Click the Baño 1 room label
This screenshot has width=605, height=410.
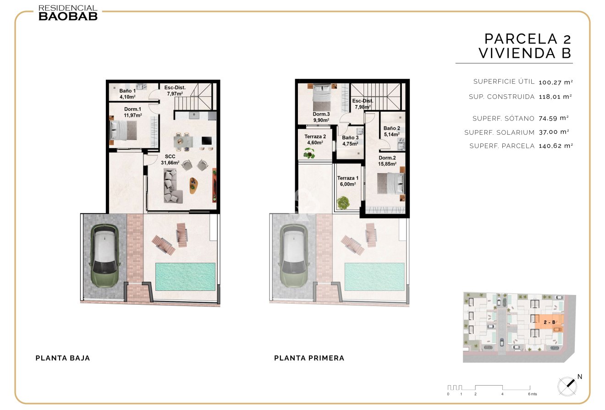127,91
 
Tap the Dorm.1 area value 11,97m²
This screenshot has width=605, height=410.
133,115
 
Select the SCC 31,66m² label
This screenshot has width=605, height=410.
170,159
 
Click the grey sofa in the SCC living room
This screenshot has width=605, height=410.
173,186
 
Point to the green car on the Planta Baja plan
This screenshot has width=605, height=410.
105,256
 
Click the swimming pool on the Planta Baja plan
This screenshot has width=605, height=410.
185,277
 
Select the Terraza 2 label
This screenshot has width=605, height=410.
315,137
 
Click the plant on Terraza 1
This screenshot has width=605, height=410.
343,202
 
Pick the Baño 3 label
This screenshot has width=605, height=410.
350,137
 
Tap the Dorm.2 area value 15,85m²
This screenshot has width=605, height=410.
387,164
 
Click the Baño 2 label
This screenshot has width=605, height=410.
392,128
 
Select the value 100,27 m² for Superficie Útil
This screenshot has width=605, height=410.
556,82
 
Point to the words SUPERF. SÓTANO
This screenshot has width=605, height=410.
503,118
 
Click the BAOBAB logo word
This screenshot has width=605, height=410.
68,16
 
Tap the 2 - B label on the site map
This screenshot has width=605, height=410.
550,323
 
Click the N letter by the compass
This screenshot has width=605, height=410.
580,376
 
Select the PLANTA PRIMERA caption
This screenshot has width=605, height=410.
309,358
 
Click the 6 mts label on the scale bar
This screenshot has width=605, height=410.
532,394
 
